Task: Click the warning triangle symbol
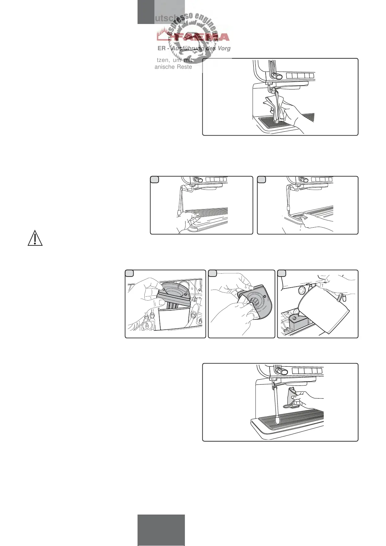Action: click(x=35, y=238)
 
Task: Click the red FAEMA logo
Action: click(x=193, y=37)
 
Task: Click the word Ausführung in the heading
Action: click(x=187, y=48)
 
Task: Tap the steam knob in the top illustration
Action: click(x=276, y=76)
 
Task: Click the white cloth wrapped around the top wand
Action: click(x=275, y=105)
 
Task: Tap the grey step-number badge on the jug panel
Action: click(x=282, y=273)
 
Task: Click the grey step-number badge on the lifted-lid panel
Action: click(x=129, y=273)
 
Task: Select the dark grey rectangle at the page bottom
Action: click(x=161, y=530)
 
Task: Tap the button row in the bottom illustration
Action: click(x=307, y=371)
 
